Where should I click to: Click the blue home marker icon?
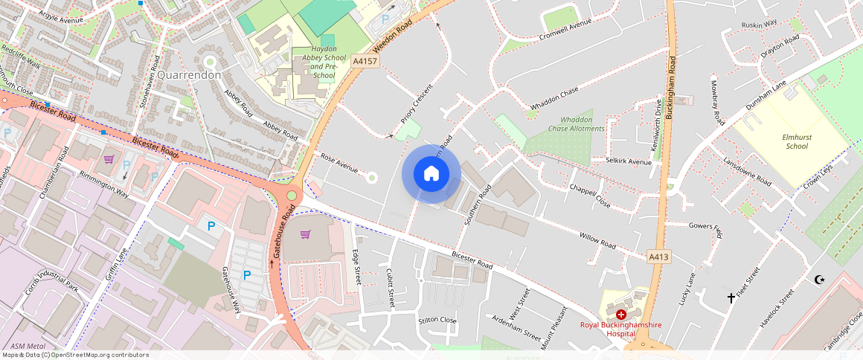(x=431, y=174)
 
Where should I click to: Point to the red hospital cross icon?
(x=620, y=315)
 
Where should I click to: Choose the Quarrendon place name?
(x=189, y=75)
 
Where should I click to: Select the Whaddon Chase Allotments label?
(x=577, y=124)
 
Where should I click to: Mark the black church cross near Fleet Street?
(x=731, y=298)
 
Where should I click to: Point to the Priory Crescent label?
(x=417, y=103)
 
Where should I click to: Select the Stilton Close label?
(x=437, y=320)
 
